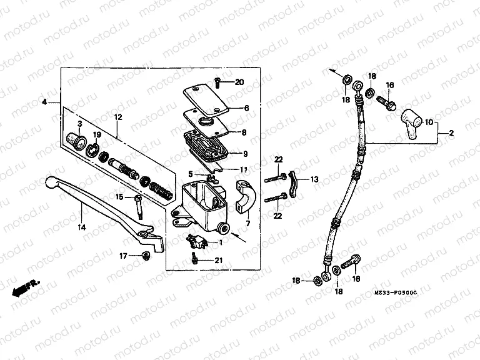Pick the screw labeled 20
tap(216, 82)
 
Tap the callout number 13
tap(314, 179)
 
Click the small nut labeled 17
tap(146, 255)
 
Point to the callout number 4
tap(44, 101)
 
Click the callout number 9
tap(246, 154)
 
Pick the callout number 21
tap(217, 261)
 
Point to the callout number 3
tap(80, 124)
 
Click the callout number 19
tap(96, 135)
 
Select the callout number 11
tap(243, 169)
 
